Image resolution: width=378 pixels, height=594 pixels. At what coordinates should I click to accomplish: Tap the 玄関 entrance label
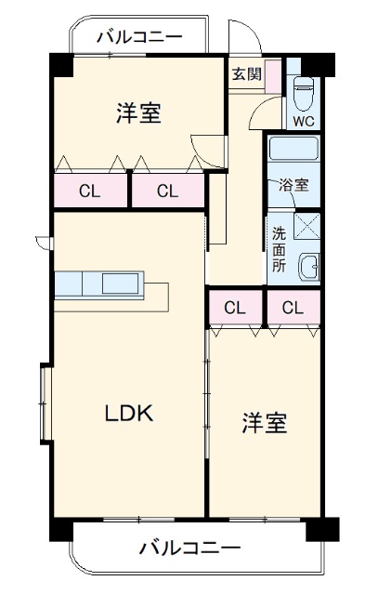point(245,73)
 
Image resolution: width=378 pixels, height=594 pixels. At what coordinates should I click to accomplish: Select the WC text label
point(305,121)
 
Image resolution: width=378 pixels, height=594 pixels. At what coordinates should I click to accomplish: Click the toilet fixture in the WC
point(305,93)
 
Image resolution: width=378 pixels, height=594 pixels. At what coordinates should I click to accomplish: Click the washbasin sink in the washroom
point(311,267)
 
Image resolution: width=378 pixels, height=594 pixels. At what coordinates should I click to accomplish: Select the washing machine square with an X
point(307,226)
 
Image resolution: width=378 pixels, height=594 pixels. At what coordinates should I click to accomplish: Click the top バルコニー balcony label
point(139,38)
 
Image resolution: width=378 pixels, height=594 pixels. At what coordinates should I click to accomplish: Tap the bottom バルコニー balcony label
point(190,547)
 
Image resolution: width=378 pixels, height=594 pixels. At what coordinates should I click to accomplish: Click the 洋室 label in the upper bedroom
point(139,113)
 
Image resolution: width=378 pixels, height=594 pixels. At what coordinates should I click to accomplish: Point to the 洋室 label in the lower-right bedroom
point(264,423)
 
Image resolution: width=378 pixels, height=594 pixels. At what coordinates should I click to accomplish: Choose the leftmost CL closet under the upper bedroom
point(89,192)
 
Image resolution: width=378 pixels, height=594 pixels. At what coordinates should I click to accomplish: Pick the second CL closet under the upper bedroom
point(166,192)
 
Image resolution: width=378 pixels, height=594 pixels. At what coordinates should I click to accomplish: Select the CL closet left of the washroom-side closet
point(235,307)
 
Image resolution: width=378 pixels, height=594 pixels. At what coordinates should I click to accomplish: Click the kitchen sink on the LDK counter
point(122,283)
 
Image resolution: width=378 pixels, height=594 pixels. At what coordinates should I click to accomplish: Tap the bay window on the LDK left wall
point(44,403)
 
